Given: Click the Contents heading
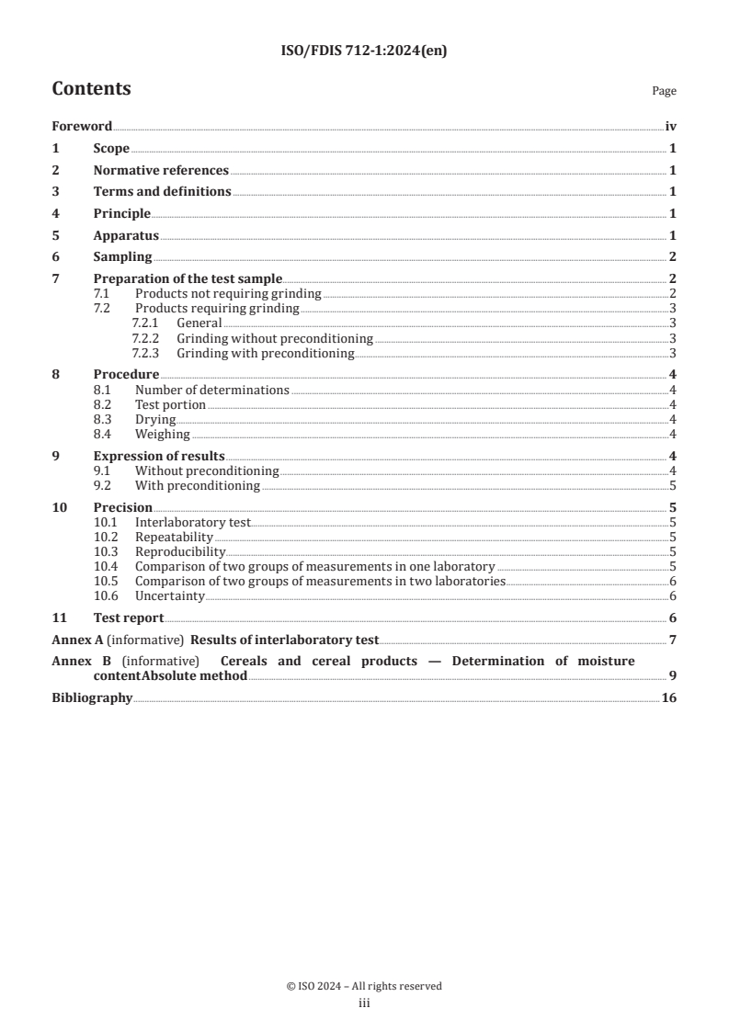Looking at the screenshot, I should (x=91, y=89).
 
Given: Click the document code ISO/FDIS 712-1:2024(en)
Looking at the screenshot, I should (x=364, y=51).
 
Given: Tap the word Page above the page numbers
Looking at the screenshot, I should (x=664, y=91).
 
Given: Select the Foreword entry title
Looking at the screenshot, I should (x=82, y=126).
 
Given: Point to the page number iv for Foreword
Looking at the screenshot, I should (x=670, y=126).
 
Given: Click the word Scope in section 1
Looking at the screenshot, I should (x=111, y=148).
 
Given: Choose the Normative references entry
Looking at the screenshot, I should (x=161, y=170).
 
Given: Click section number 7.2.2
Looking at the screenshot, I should (x=148, y=338).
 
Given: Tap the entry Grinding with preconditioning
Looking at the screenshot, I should (x=265, y=353).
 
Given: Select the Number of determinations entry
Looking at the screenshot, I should (x=211, y=390).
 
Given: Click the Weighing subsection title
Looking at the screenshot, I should (x=162, y=434).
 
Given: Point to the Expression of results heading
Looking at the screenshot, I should (x=159, y=456).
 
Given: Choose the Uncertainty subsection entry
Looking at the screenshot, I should (x=169, y=595).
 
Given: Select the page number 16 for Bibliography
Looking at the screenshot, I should (x=669, y=697).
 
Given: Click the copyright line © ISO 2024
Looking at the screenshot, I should (x=364, y=986).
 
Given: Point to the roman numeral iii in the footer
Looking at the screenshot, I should (x=364, y=1003).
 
